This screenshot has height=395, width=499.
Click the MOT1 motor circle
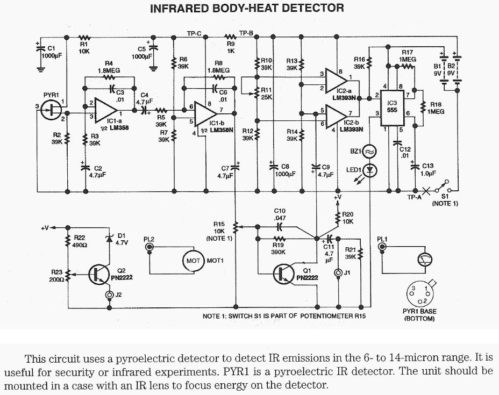pos(193,261)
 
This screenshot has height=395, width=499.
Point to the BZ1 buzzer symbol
pos(369,152)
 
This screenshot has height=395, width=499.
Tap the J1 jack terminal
pos(338,273)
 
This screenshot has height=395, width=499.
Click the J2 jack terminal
pos(109,295)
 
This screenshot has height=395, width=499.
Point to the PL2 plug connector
pos(149,248)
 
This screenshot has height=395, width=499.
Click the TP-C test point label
pos(194,33)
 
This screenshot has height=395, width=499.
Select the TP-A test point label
pos(415,197)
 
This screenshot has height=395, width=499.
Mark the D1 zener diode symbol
pos(109,237)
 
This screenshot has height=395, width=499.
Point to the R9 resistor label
pos(230,44)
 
